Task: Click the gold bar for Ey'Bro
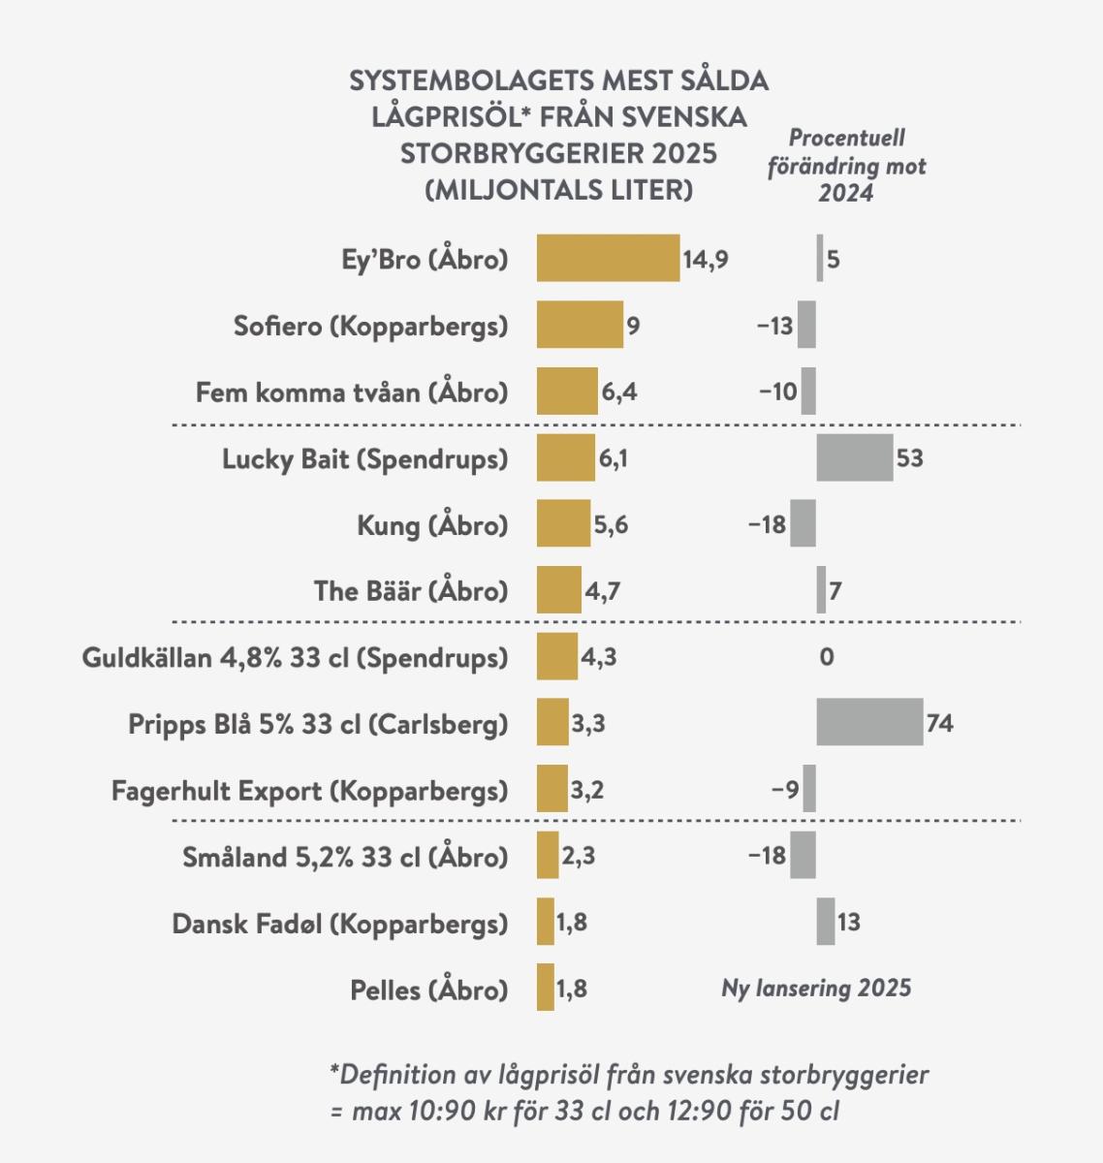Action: point(608,258)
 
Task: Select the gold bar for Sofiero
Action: point(580,325)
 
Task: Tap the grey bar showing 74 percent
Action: point(869,722)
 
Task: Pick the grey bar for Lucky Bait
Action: point(854,457)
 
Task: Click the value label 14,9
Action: point(706,260)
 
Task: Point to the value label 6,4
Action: point(619,392)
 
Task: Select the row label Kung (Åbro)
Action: point(432,525)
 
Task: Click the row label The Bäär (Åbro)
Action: point(410,590)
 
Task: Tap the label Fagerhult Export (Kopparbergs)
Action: point(309,791)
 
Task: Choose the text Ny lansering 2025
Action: point(816,988)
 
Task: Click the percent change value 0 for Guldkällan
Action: point(826,657)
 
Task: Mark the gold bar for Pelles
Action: point(546,988)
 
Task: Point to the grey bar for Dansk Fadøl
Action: point(825,921)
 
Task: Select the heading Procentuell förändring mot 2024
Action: point(846,166)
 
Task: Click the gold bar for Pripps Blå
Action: point(552,722)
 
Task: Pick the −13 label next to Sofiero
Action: point(774,326)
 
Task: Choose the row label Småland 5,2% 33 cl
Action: point(345,857)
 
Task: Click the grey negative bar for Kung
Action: point(803,523)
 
